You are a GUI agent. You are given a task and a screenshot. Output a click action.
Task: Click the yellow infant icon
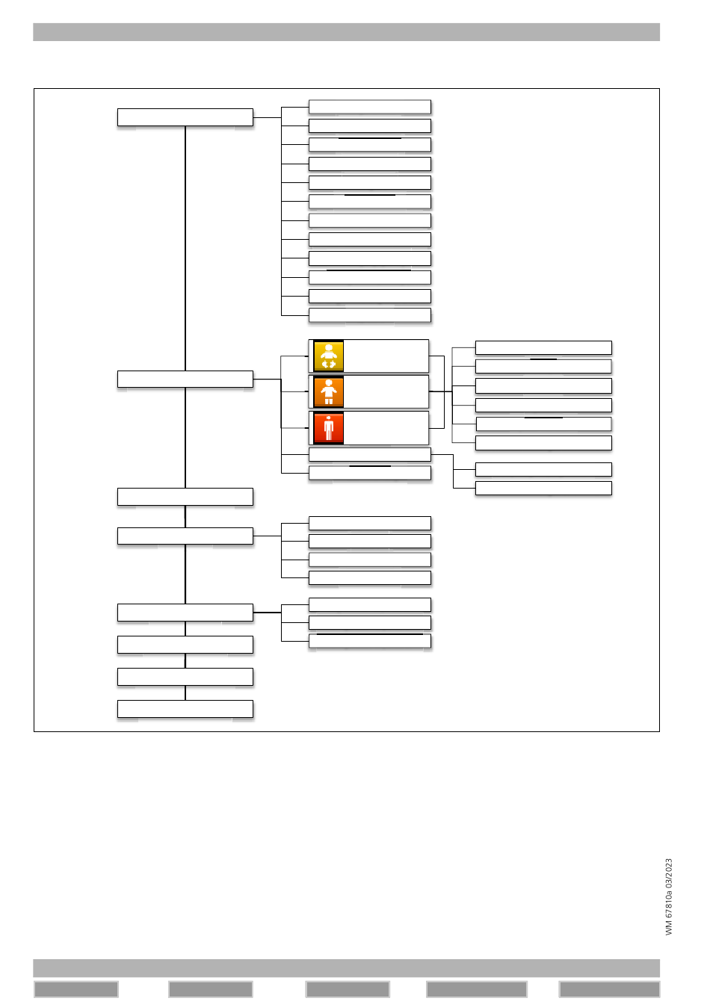coord(328,356)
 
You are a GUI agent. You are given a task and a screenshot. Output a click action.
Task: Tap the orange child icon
coord(328,392)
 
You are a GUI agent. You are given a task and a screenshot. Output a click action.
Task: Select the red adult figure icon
coord(328,428)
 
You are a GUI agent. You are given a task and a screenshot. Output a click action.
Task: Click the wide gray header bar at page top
coord(346,32)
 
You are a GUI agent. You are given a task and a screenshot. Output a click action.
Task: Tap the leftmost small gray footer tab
coord(76,990)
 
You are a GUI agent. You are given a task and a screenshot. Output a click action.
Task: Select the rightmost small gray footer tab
coord(609,990)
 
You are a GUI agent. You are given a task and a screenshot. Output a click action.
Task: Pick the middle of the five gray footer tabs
coord(348,990)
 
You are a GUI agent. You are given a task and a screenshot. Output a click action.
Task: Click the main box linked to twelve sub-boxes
coord(185,117)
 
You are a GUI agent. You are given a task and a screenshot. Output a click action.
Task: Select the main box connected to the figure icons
coord(185,379)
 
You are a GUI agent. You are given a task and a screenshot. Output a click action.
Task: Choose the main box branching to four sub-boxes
coord(185,536)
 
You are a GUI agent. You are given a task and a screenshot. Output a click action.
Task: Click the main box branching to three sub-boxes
coord(185,613)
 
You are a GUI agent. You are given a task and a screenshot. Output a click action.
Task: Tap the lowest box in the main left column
coord(185,708)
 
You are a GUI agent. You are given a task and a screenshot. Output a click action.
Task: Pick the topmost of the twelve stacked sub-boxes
coord(370,107)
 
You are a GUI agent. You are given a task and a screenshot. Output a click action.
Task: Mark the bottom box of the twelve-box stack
coord(370,315)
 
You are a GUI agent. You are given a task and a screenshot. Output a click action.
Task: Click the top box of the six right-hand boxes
coord(543,347)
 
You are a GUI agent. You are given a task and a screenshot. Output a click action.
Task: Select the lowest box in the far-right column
coord(543,488)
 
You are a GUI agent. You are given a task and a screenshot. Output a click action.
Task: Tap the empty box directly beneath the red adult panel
coord(370,454)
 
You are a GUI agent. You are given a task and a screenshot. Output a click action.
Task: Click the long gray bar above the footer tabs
coord(346,968)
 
